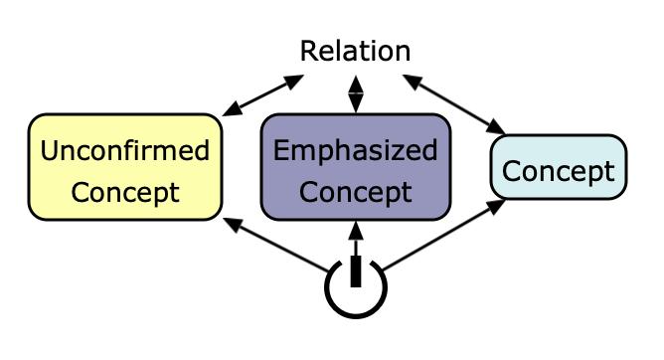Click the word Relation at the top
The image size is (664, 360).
pyautogui.click(x=355, y=51)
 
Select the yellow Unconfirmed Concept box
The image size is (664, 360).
pyautogui.click(x=125, y=167)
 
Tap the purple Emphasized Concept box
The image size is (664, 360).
pyautogui.click(x=355, y=167)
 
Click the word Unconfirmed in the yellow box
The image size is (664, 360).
pyautogui.click(x=125, y=151)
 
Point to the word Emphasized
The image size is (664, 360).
pyautogui.click(x=355, y=151)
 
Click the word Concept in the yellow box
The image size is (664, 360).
pyautogui.click(x=125, y=191)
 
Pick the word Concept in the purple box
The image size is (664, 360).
pyautogui.click(x=355, y=191)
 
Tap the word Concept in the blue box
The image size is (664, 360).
pyautogui.click(x=558, y=171)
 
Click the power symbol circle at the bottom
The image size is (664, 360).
pyautogui.click(x=356, y=288)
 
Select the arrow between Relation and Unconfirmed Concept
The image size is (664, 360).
pyautogui.click(x=263, y=94)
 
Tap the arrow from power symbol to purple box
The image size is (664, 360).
pyautogui.click(x=356, y=239)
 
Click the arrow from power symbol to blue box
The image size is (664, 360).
pyautogui.click(x=437, y=237)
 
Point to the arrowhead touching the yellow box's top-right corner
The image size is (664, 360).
pyautogui.click(x=231, y=111)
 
